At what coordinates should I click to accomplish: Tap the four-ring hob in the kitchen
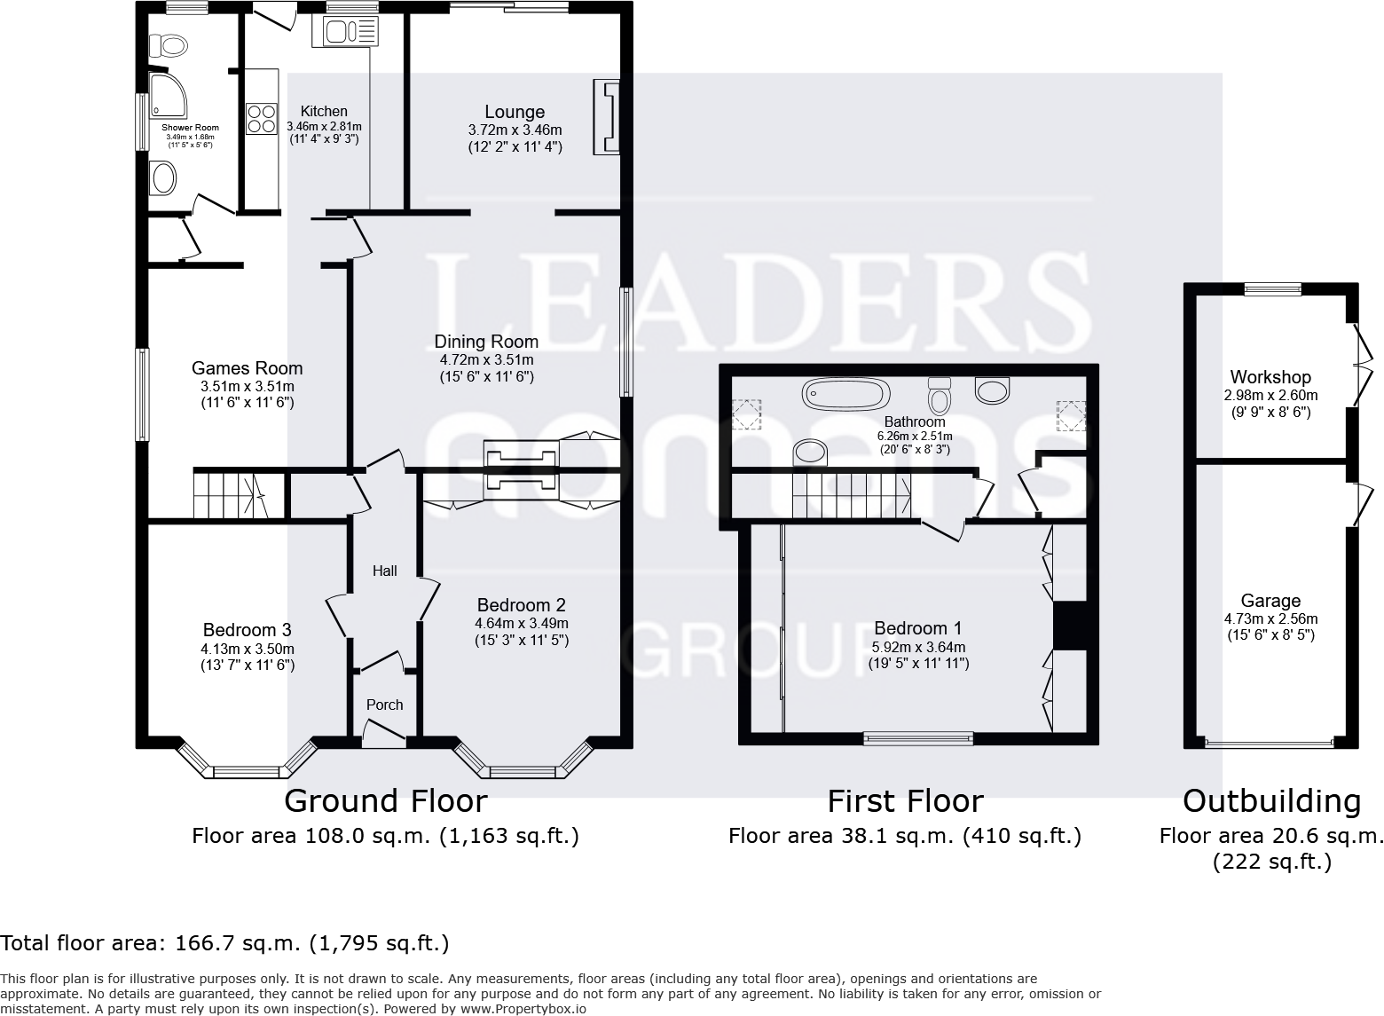tap(261, 118)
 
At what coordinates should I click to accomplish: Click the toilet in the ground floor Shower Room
tap(167, 44)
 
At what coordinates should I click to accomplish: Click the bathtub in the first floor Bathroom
tap(845, 391)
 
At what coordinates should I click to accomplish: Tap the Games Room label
tap(247, 368)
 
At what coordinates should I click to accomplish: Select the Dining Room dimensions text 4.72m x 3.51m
tap(486, 359)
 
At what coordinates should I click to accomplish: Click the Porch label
tap(384, 705)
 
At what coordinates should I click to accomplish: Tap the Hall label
tap(384, 571)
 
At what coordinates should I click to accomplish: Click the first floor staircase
tap(852, 495)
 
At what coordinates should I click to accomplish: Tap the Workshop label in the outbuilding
tap(1270, 377)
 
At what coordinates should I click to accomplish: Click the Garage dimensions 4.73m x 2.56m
tap(1270, 618)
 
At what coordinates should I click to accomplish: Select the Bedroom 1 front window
tap(918, 736)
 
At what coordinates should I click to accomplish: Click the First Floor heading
tap(905, 801)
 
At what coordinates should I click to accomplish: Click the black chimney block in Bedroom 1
tap(1069, 626)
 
